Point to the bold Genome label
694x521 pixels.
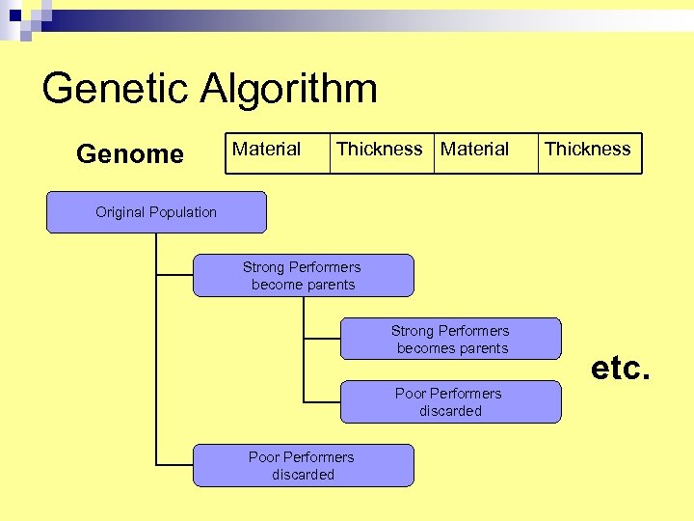tap(130, 154)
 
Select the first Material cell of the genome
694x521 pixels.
tap(277, 152)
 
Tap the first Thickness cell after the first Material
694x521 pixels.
tap(381, 152)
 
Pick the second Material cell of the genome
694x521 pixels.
tap(485, 152)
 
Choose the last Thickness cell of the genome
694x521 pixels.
tap(589, 152)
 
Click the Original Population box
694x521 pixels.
tap(156, 212)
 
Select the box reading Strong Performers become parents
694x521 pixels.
tap(303, 276)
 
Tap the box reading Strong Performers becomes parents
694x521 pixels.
tap(450, 340)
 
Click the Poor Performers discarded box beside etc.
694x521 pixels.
tap(450, 402)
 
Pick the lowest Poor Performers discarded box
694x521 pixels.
tap(303, 466)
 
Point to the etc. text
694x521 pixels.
tap(621, 368)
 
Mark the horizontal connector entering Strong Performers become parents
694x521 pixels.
tap(174, 275)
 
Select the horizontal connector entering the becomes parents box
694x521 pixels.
tap(322, 339)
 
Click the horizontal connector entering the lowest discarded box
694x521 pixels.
tap(174, 465)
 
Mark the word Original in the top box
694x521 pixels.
tap(120, 212)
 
